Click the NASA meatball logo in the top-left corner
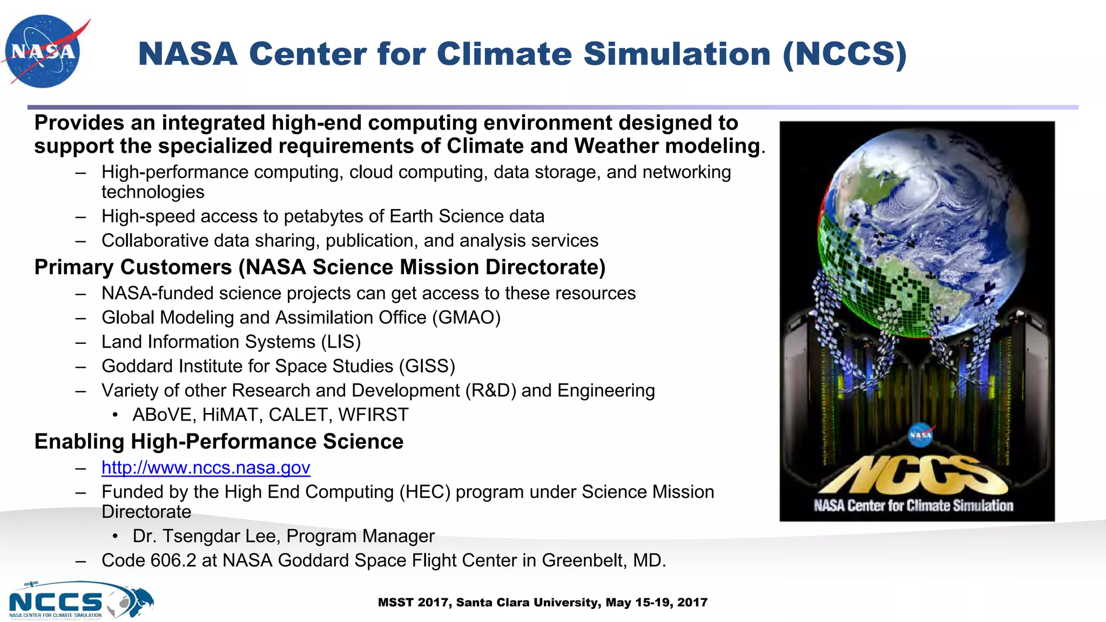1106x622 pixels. [x=43, y=51]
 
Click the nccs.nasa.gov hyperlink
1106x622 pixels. [x=206, y=468]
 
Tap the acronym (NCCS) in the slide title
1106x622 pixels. [x=845, y=55]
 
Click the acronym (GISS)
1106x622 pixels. [x=427, y=366]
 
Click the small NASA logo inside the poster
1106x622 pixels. [x=920, y=435]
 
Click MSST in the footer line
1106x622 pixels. [x=396, y=603]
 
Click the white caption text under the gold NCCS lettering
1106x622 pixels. [x=913, y=506]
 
